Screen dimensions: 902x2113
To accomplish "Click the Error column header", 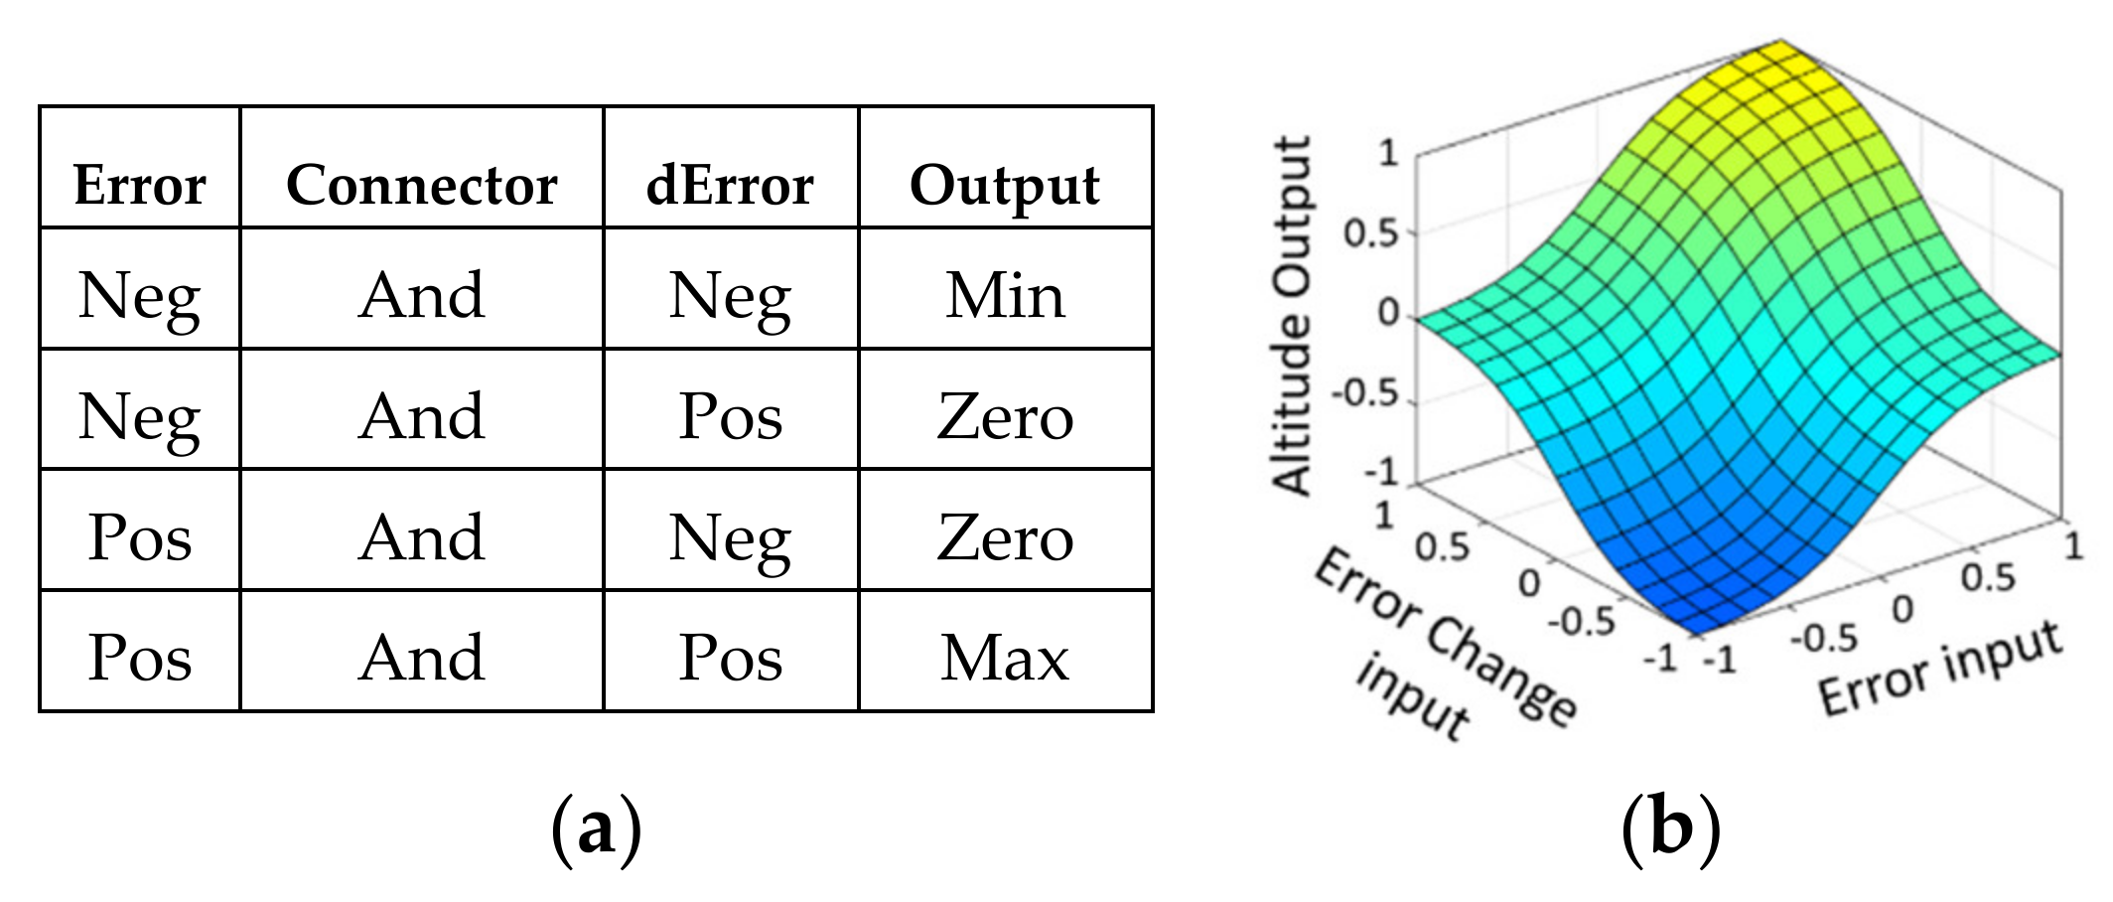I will point(139,185).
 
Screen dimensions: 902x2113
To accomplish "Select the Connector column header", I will point(422,185).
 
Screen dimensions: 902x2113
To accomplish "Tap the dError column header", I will point(730,185).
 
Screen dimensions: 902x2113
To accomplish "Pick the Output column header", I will point(1005,185).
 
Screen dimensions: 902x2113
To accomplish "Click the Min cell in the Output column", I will point(1005,295).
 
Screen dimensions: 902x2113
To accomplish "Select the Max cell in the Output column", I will point(1005,658).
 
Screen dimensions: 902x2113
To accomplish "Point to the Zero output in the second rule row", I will point(1005,416).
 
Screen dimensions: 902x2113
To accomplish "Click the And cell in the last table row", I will point(422,658).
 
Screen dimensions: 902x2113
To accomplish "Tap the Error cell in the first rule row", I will point(139,295).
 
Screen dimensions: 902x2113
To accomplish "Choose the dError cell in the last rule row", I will point(730,658).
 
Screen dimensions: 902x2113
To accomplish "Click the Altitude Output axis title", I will point(1293,316).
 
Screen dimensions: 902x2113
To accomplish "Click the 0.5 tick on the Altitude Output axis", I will point(1370,234).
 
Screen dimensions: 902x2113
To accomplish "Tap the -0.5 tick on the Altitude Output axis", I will point(1364,393).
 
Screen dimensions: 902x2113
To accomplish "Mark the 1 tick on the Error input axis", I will point(2073,545).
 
